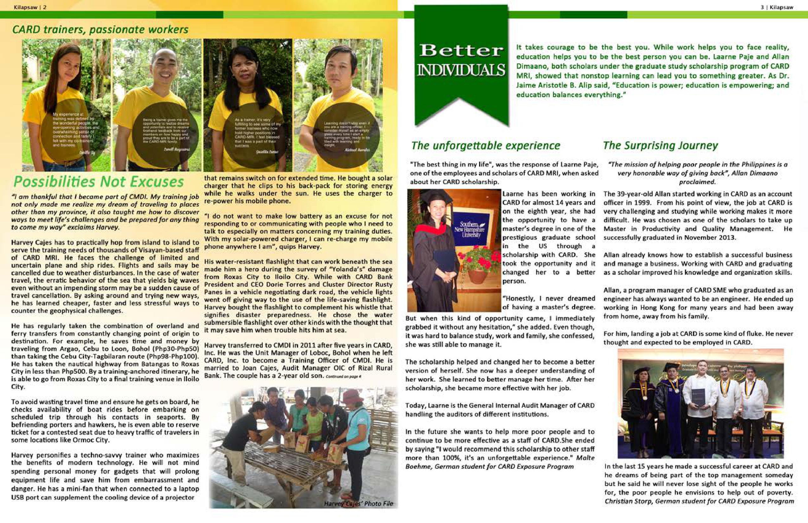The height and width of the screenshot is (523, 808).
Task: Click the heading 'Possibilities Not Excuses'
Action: (x=99, y=182)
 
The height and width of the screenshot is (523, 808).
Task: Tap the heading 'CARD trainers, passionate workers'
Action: (x=100, y=29)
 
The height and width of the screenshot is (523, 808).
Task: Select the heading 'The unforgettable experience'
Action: (x=485, y=145)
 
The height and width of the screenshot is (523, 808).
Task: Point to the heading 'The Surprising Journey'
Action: (x=660, y=145)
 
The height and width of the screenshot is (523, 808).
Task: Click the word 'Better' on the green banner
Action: (x=461, y=51)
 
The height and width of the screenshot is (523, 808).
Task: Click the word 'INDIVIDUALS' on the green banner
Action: (x=461, y=70)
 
